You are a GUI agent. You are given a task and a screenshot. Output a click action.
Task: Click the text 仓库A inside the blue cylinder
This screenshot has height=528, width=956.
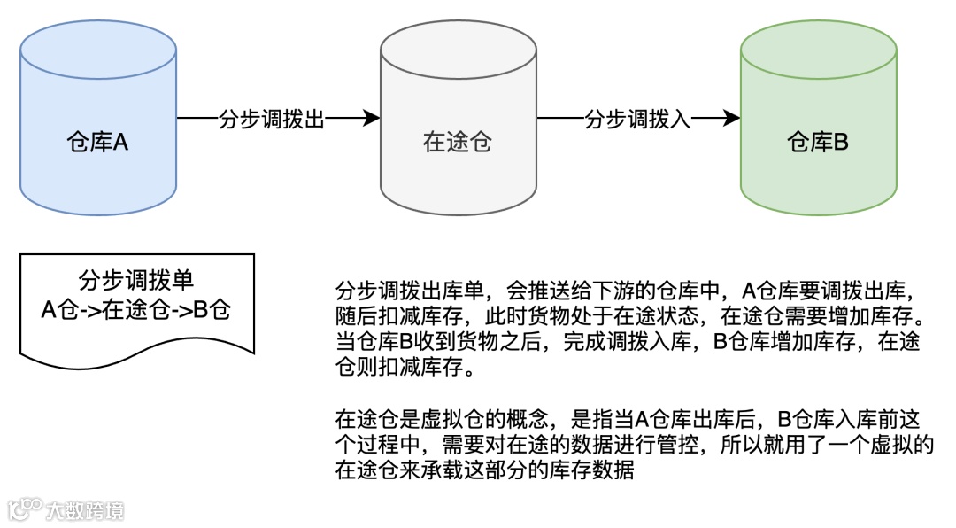tap(98, 142)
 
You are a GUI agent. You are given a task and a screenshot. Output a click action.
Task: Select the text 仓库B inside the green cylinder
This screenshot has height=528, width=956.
tap(817, 142)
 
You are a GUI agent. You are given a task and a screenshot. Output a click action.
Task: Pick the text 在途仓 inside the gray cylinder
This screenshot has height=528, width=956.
tap(458, 142)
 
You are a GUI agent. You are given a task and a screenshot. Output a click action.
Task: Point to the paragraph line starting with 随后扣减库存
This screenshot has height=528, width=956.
tap(630, 316)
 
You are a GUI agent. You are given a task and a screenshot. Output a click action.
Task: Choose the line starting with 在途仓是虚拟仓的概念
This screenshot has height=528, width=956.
tap(630, 418)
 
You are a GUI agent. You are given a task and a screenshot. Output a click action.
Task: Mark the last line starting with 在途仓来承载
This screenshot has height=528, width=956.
tap(484, 470)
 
